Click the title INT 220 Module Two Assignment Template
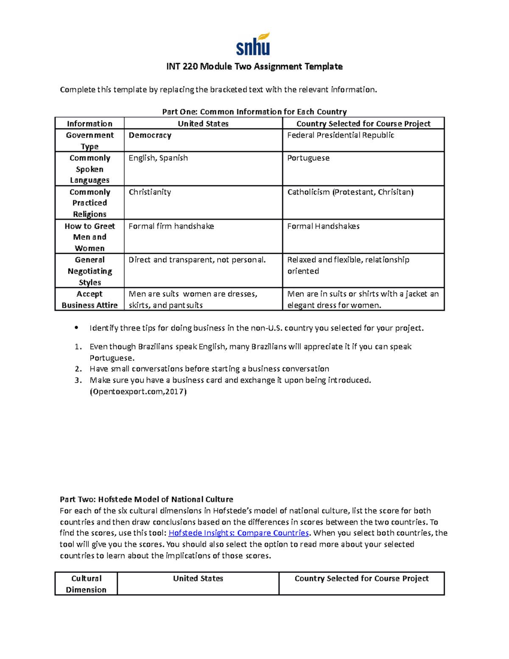pyautogui.click(x=254, y=67)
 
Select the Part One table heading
pyautogui.click(x=254, y=112)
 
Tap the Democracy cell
pyautogui.click(x=150, y=135)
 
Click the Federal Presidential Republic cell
pyautogui.click(x=341, y=135)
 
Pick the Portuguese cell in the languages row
pyautogui.click(x=308, y=158)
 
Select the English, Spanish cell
pyautogui.click(x=158, y=158)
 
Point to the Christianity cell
pyautogui.click(x=150, y=192)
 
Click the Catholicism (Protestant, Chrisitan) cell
pyautogui.click(x=350, y=192)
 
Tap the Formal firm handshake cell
pyautogui.click(x=171, y=226)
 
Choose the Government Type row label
pyautogui.click(x=89, y=140)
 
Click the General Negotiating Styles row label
pyautogui.click(x=89, y=271)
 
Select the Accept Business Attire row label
pyautogui.click(x=89, y=300)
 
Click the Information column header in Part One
pyautogui.click(x=89, y=123)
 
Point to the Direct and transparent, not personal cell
pyautogui.click(x=197, y=260)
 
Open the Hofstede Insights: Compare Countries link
pyautogui.click(x=239, y=533)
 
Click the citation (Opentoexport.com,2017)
pyautogui.click(x=138, y=391)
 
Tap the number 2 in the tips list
pyautogui.click(x=78, y=369)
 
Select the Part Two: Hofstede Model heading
pyautogui.click(x=146, y=499)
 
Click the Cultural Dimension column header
pyautogui.click(x=86, y=584)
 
